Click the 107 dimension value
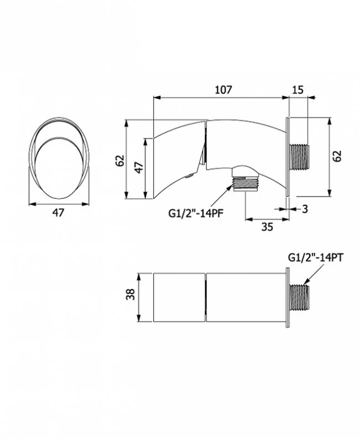224,90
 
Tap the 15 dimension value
298,90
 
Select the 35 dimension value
267,227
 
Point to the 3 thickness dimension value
305,209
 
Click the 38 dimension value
131,295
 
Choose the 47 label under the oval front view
58,213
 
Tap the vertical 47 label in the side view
139,168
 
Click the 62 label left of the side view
120,161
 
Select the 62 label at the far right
337,156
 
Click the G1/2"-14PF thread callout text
196,213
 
